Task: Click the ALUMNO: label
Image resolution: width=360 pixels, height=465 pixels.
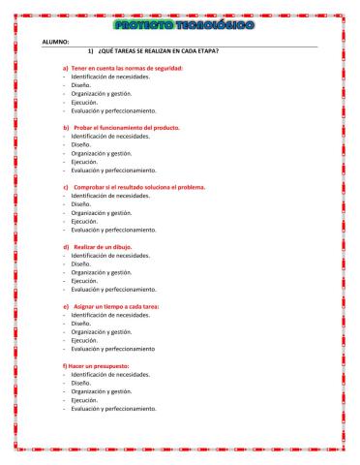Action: (x=55, y=43)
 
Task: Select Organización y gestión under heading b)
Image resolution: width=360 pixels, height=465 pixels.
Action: (x=101, y=153)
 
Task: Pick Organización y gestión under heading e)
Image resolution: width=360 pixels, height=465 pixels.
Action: (x=101, y=331)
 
